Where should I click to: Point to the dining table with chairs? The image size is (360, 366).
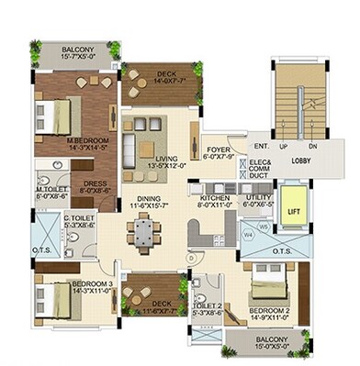click(x=142, y=237)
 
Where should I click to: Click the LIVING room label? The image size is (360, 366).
click(x=165, y=161)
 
